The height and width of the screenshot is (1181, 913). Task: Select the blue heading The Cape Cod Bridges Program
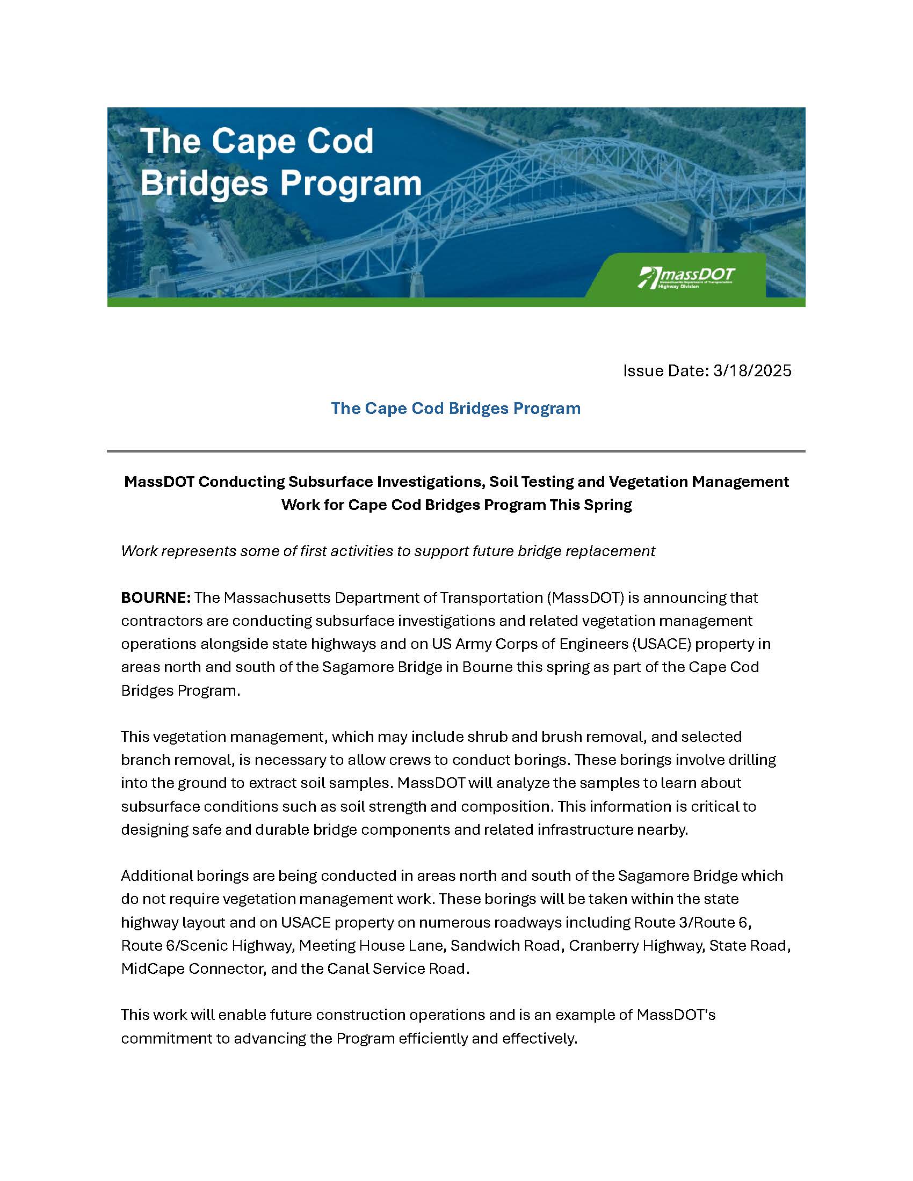(x=455, y=408)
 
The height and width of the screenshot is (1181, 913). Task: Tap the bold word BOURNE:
(x=155, y=597)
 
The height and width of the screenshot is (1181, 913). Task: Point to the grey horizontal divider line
(x=455, y=450)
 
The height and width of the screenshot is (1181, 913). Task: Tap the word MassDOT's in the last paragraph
(x=676, y=1015)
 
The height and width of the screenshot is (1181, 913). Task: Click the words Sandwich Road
(x=505, y=945)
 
